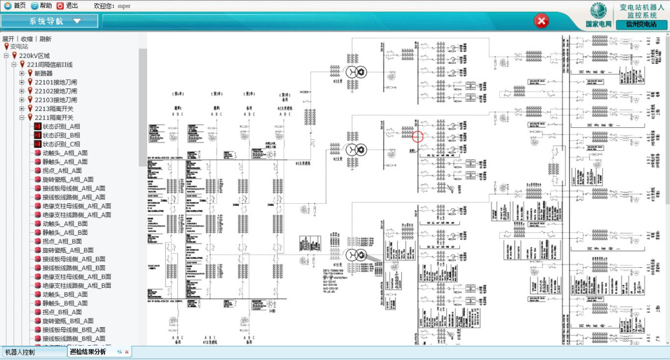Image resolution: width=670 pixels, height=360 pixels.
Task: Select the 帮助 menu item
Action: pos(41,5)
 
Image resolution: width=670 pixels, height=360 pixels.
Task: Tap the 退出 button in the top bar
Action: pos(68,5)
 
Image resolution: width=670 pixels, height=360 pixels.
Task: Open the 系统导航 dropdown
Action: pos(50,21)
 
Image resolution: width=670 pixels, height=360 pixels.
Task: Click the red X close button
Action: pos(542,21)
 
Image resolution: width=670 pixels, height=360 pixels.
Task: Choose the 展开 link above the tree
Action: pos(8,39)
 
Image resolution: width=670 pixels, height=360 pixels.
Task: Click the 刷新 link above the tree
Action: pos(45,39)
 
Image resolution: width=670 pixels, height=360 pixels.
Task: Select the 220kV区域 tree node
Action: pos(34,56)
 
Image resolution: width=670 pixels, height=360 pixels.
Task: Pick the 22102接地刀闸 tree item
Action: pos(55,91)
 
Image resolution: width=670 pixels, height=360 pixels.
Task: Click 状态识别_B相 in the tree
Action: pos(61,135)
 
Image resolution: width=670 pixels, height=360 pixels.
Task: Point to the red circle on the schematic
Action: pos(417,136)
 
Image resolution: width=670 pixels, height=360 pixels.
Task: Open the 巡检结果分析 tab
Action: pos(88,352)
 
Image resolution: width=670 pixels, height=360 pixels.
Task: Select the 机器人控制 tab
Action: pos(20,352)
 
